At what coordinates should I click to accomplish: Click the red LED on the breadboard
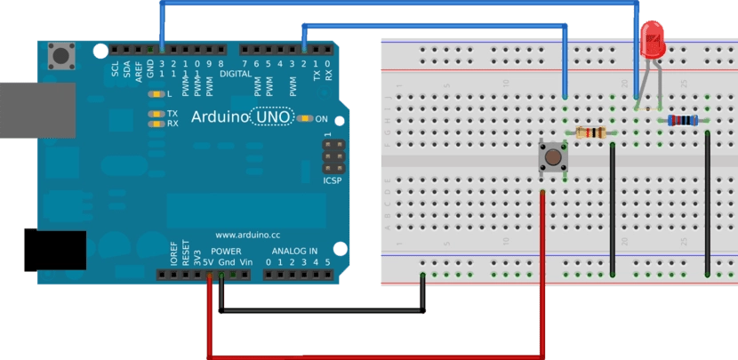coord(654,40)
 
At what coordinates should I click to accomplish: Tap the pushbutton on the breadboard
coord(553,158)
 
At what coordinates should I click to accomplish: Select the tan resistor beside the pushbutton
coord(591,133)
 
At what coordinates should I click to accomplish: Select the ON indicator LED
coord(305,118)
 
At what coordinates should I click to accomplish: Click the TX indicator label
coord(172,114)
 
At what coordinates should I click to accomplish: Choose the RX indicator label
coord(172,124)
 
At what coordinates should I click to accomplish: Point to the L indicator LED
coord(157,93)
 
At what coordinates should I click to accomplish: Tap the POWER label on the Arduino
coord(226,252)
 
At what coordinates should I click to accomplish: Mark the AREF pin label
coord(138,71)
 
